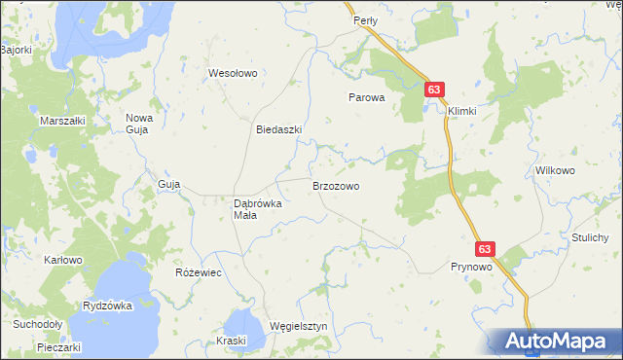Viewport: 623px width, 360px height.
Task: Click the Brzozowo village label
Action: pos(336,185)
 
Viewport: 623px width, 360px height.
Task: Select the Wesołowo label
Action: pos(232,73)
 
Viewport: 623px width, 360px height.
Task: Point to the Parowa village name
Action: pos(368,97)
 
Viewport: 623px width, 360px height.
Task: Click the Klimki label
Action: pos(462,111)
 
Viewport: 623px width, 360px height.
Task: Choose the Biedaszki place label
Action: pos(278,129)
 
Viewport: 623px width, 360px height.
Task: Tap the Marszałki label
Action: pos(61,120)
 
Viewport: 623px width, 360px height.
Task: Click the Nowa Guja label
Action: pos(139,124)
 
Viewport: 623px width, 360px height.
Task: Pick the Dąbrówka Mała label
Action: pos(258,209)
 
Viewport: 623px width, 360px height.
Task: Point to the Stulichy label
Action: pos(590,237)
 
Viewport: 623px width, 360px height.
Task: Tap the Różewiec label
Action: pos(198,272)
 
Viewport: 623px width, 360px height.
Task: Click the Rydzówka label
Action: pos(107,306)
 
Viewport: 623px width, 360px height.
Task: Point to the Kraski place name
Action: pos(232,341)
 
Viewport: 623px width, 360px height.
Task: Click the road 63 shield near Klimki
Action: pos(434,90)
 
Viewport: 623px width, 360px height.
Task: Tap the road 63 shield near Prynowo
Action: pos(487,249)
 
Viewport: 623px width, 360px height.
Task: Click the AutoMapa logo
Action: pos(558,342)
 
